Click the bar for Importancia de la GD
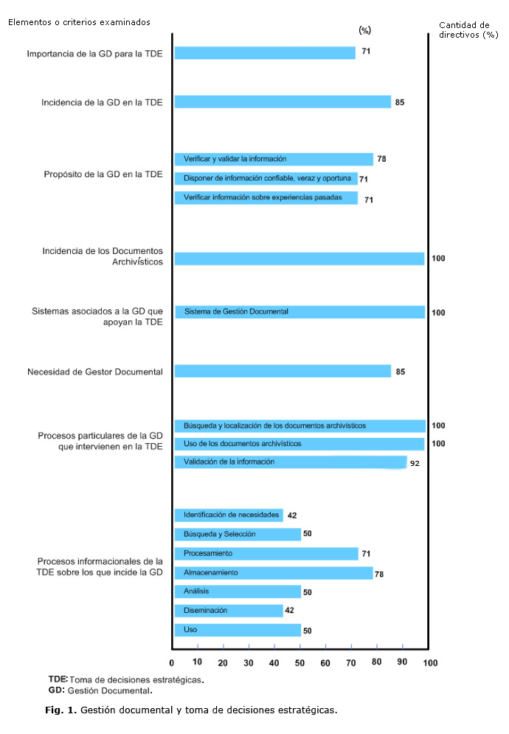click(264, 53)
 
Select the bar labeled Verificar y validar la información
click(274, 159)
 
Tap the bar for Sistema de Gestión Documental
click(299, 312)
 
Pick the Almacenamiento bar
click(274, 572)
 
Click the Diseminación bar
click(229, 611)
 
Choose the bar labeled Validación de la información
click(290, 462)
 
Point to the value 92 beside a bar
click(415, 464)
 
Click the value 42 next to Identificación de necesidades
click(292, 515)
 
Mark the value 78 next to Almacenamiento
click(381, 574)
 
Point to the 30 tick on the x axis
click(249, 662)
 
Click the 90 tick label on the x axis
click(402, 662)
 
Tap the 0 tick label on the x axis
click(173, 662)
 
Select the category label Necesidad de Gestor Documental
click(94, 371)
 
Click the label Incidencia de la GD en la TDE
click(102, 102)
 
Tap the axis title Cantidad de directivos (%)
click(468, 30)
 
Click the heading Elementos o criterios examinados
click(79, 21)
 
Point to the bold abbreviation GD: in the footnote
click(56, 690)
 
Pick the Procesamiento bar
click(266, 553)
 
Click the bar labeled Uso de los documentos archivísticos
click(299, 444)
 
